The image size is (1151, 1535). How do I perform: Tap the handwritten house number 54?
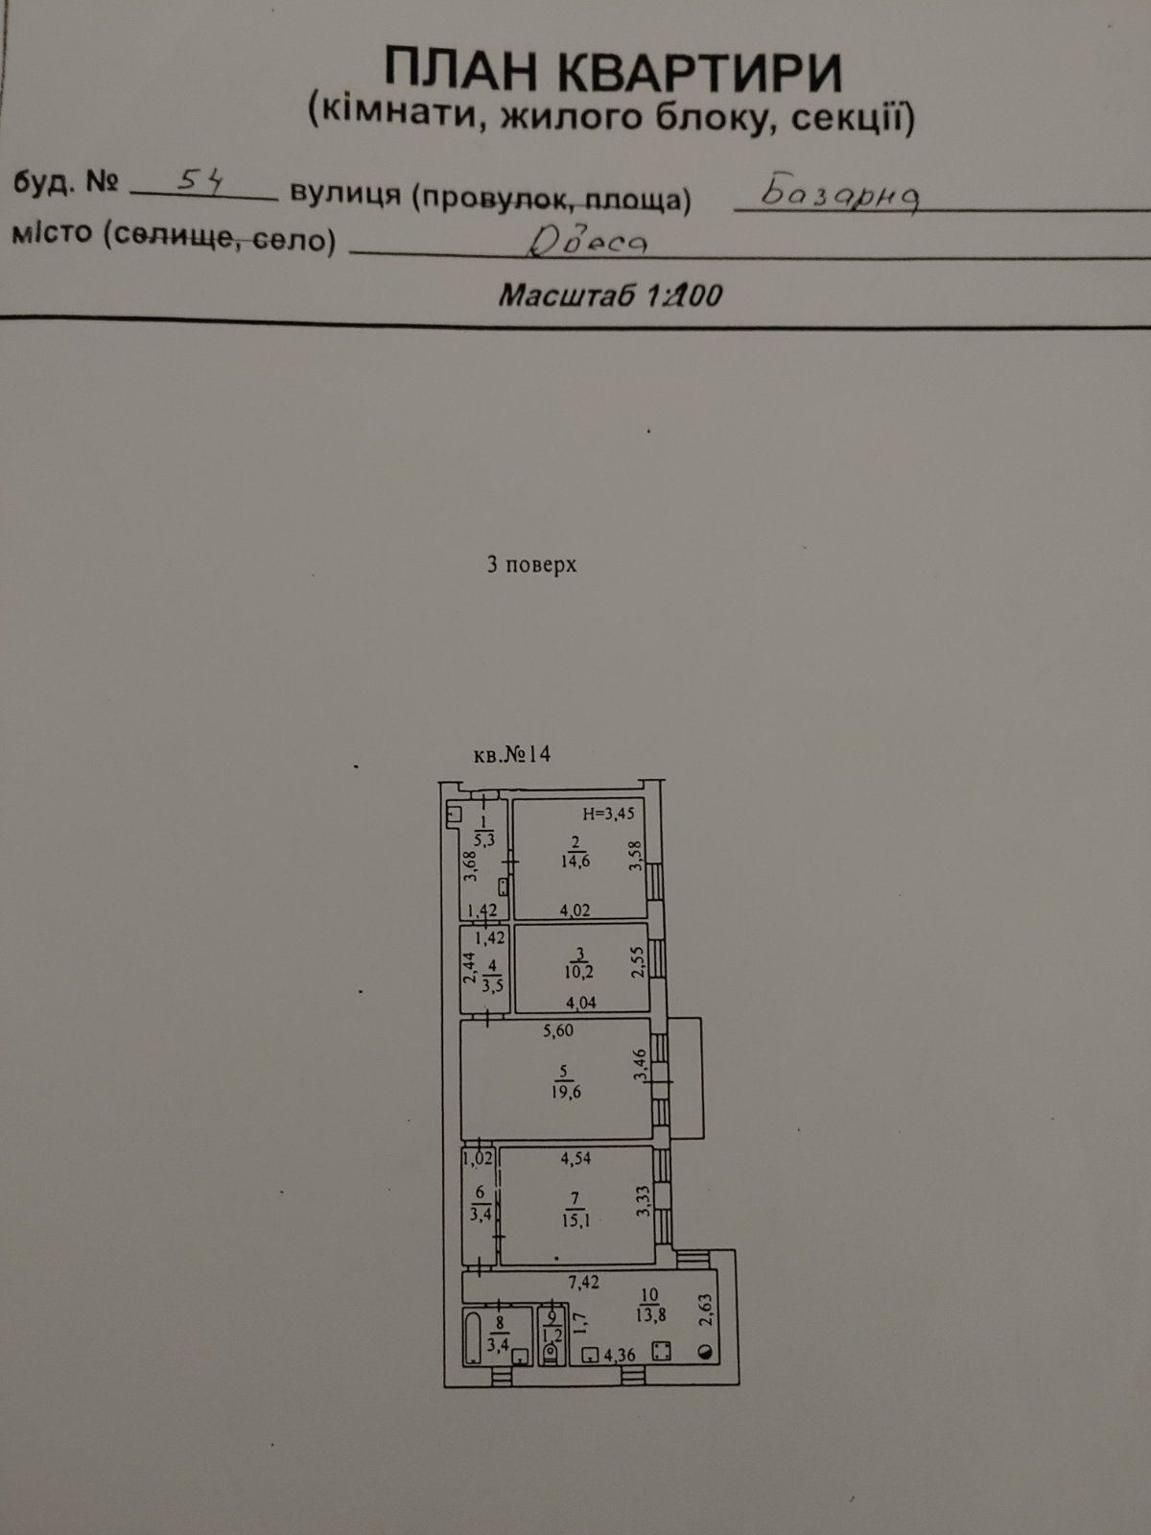[x=200, y=183]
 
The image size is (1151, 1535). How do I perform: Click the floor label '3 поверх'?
[x=531, y=564]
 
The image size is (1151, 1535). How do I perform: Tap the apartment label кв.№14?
[x=512, y=755]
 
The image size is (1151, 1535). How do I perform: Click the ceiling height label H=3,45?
[x=609, y=814]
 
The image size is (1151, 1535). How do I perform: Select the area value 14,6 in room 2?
[x=575, y=861]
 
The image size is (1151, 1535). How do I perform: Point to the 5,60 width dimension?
[x=557, y=1030]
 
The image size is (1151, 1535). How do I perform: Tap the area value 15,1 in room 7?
[x=575, y=1220]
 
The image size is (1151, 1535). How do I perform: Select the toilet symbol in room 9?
[x=551, y=1353]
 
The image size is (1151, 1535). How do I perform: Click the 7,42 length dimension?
[x=583, y=1282]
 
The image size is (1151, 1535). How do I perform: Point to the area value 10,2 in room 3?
[x=578, y=971]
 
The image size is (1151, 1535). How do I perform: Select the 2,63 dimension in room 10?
[x=706, y=1310]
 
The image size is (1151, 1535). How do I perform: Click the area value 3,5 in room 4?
[x=493, y=987]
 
